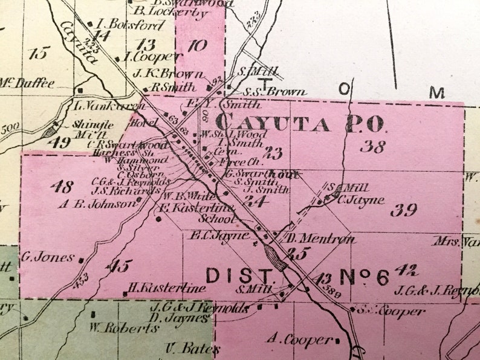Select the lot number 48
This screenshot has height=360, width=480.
62,185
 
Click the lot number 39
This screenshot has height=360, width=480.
403,210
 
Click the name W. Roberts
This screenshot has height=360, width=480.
124,329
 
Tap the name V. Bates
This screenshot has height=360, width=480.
184,349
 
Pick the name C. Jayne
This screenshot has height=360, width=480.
361,200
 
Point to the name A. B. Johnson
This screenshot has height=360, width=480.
97,204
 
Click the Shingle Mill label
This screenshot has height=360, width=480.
88,128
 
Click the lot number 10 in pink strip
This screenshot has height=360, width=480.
197,45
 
